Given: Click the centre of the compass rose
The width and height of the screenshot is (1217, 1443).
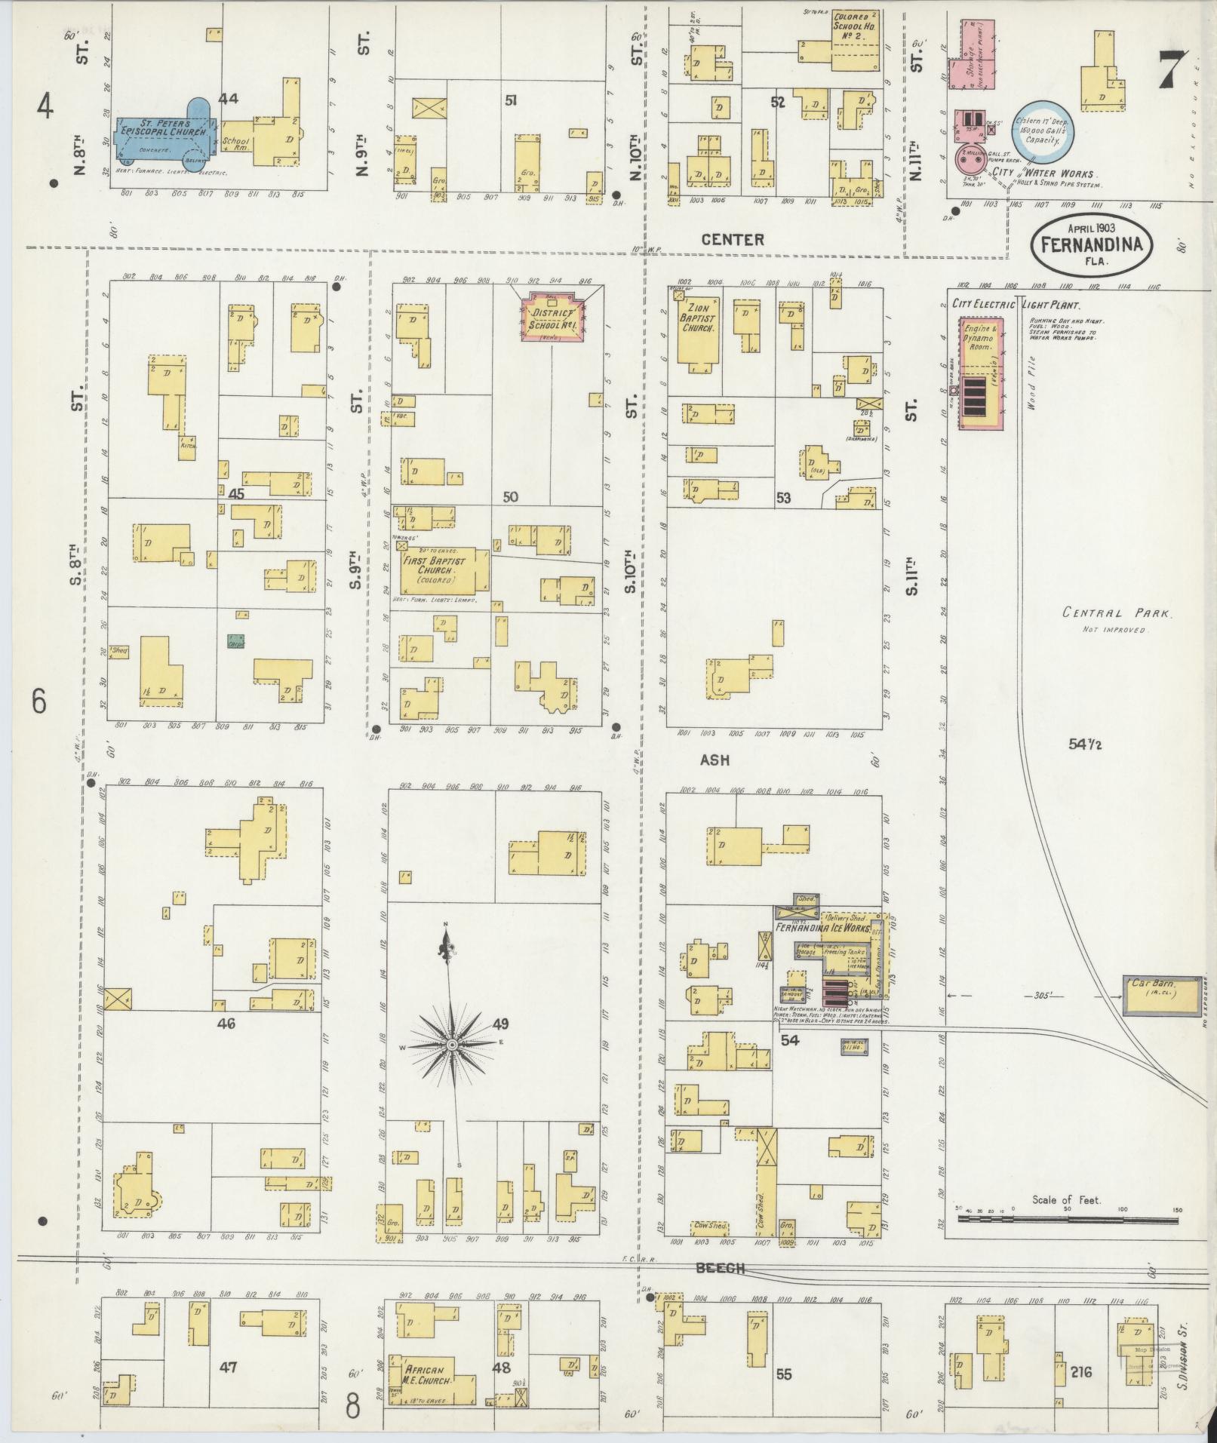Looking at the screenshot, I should (451, 1044).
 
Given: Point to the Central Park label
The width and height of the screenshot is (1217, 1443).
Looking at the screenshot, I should (1116, 613).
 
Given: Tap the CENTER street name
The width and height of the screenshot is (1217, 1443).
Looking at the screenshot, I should (732, 240).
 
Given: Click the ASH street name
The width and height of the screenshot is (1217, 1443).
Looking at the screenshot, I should (714, 760).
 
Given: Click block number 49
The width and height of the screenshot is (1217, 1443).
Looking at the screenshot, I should (499, 1024).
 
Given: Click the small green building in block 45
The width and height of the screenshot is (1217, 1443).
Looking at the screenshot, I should (235, 641).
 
